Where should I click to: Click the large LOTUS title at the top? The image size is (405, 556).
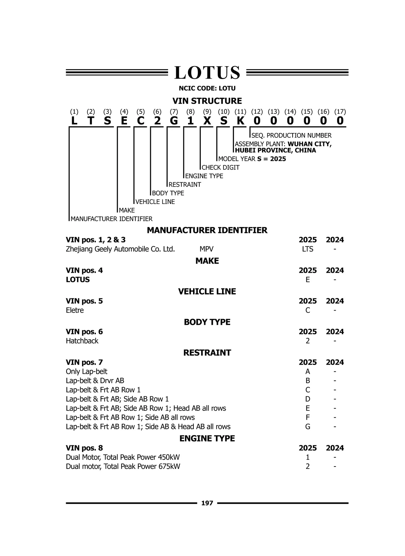(x=207, y=73)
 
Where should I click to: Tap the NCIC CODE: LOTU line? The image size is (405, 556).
(x=207, y=88)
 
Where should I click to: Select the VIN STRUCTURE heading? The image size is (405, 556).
(x=207, y=101)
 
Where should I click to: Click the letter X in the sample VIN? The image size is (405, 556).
(x=207, y=121)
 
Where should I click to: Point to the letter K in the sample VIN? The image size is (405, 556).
(x=240, y=121)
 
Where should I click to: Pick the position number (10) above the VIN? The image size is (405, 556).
(x=223, y=111)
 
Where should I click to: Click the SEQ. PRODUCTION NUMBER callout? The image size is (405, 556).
(x=291, y=135)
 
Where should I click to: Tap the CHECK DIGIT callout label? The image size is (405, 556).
(x=221, y=167)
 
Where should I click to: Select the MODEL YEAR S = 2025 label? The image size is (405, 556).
(x=252, y=159)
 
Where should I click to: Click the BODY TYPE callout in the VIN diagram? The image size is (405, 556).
(x=168, y=193)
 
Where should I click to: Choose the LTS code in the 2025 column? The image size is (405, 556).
(x=307, y=249)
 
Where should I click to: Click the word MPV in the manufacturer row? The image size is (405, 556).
(x=206, y=249)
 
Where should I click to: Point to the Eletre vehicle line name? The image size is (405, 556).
(x=75, y=310)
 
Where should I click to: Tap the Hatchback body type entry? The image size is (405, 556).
(x=82, y=341)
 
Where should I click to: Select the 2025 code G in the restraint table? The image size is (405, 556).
(x=307, y=427)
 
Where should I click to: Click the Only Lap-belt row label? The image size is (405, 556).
(x=86, y=372)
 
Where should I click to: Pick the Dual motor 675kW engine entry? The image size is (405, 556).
(x=123, y=467)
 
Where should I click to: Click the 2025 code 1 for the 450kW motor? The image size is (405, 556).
(x=307, y=457)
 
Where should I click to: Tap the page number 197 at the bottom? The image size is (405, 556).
(x=207, y=503)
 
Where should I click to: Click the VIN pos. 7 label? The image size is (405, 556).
(x=84, y=362)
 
